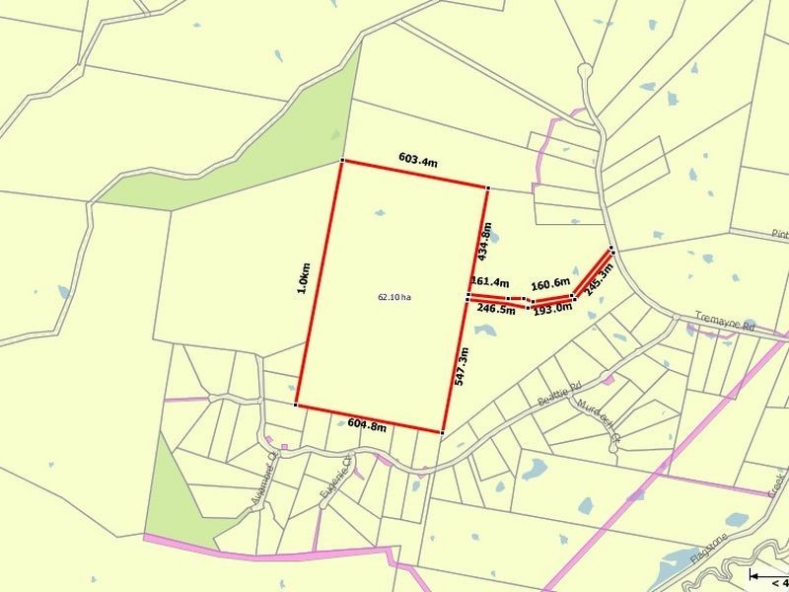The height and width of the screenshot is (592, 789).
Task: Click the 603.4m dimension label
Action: [x=418, y=157]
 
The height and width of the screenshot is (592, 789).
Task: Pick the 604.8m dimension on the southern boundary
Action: [x=367, y=425]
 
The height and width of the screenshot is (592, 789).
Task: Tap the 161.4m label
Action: [x=490, y=282]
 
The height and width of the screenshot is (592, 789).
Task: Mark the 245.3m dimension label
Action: [x=600, y=279]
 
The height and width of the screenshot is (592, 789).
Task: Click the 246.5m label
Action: [x=496, y=309]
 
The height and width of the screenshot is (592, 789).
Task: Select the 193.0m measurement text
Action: [x=553, y=309]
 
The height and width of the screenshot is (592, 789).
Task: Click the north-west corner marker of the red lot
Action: [x=342, y=161]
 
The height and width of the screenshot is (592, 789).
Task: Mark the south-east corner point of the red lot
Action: [x=442, y=432]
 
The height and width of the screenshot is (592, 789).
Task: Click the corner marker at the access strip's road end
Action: [x=612, y=249]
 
